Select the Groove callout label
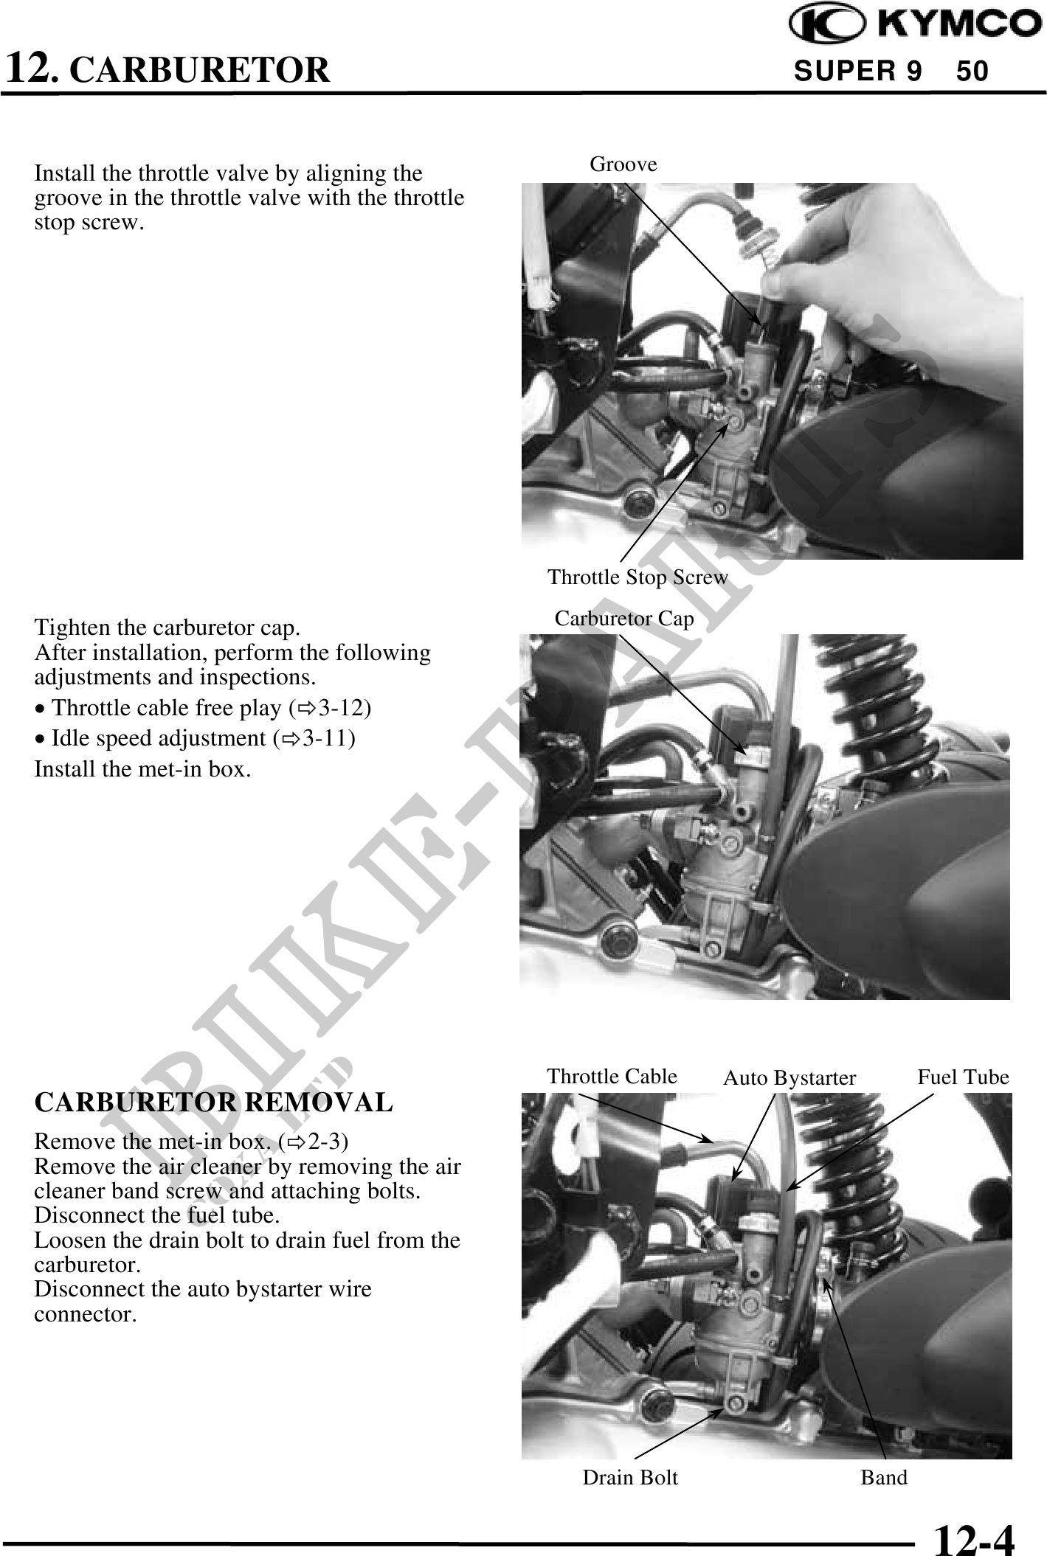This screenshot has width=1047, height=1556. [x=623, y=164]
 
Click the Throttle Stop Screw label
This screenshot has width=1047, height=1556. [x=637, y=577]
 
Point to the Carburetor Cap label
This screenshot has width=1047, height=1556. [x=624, y=618]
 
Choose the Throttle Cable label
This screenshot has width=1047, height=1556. [x=612, y=1076]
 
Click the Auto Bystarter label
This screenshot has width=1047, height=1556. [x=789, y=1078]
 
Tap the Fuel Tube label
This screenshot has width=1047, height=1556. [x=963, y=1077]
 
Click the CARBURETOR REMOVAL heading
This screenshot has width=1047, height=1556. [x=214, y=1102]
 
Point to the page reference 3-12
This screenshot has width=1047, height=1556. [x=340, y=707]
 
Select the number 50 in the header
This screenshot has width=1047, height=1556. [x=972, y=72]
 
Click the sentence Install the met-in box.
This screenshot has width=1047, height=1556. [x=143, y=769]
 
